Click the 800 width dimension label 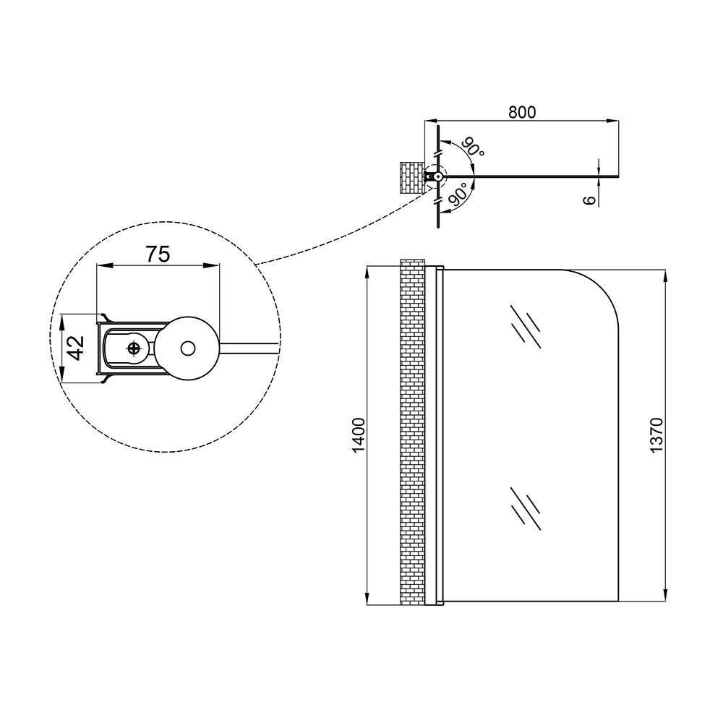521,112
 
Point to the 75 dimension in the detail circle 158,254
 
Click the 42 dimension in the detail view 77,347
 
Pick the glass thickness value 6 590,199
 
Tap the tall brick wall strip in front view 412,434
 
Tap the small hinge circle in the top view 438,176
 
